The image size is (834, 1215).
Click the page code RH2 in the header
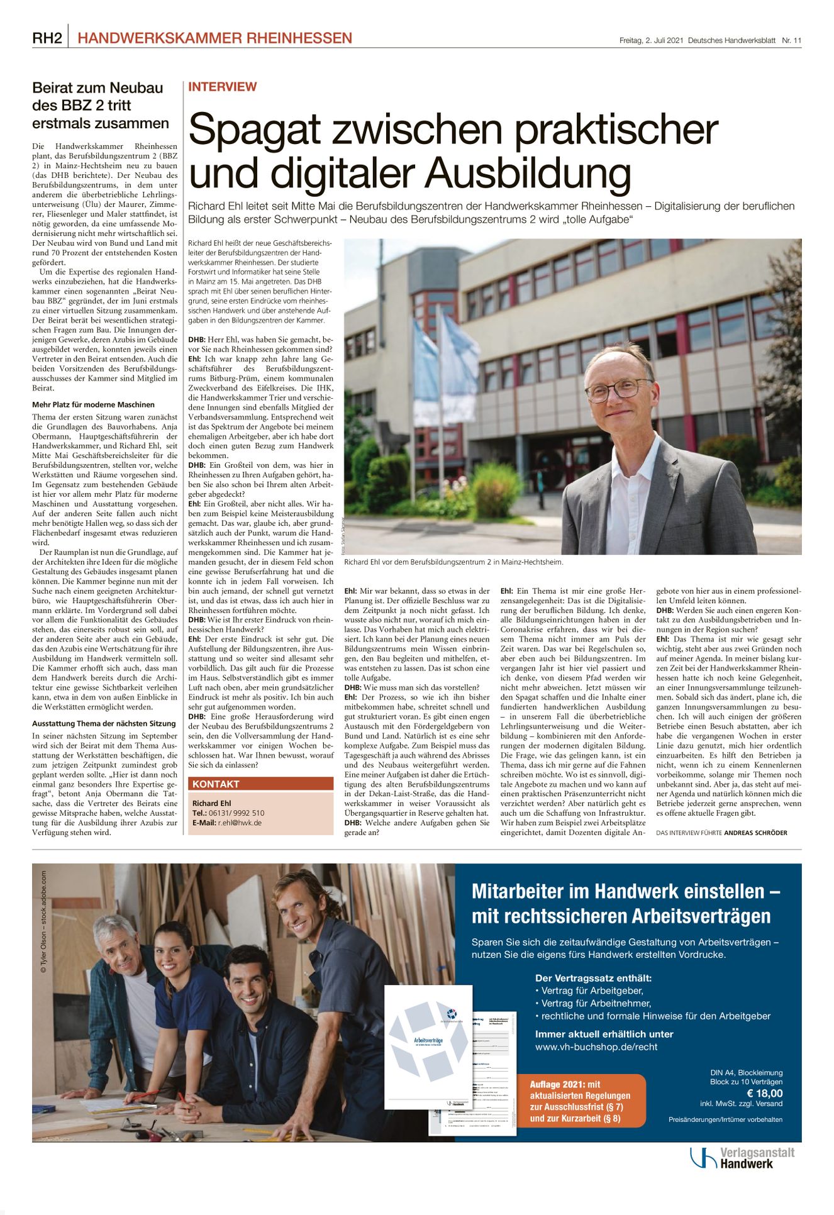tap(47, 38)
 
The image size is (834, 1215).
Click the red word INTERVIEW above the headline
tap(223, 87)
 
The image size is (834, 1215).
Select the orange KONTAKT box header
tap(260, 784)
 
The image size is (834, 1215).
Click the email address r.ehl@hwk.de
tap(240, 823)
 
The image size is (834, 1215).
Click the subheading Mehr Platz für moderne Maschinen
tap(93, 405)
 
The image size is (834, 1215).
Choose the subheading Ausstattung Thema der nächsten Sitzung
tap(104, 724)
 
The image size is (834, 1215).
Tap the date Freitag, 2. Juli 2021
tap(651, 40)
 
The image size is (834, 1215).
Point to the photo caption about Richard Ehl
tap(453, 562)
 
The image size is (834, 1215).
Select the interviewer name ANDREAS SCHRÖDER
tap(755, 833)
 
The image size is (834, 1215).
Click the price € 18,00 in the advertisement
tap(764, 1093)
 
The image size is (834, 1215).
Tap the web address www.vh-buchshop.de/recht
tap(596, 1047)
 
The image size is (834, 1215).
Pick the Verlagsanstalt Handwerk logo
tap(742, 1158)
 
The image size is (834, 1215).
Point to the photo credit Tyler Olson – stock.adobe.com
tap(43, 922)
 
